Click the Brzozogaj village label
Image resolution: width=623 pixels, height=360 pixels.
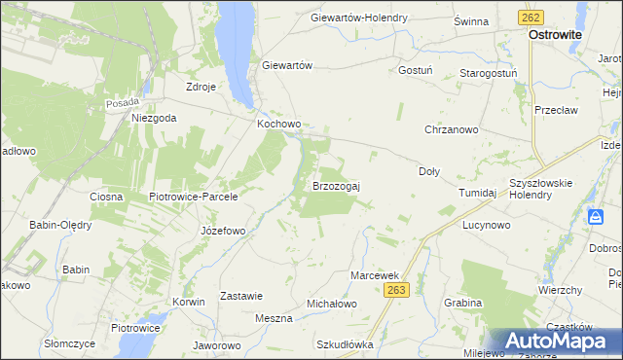click(336, 185)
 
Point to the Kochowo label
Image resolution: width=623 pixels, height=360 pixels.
click(279, 125)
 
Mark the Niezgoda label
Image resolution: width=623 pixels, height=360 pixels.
click(154, 118)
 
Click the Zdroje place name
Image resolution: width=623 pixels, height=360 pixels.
click(201, 86)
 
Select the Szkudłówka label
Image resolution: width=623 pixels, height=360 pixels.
click(345, 344)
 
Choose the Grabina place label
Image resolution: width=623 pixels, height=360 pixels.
click(462, 303)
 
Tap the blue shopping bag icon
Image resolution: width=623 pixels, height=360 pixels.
click(597, 219)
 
